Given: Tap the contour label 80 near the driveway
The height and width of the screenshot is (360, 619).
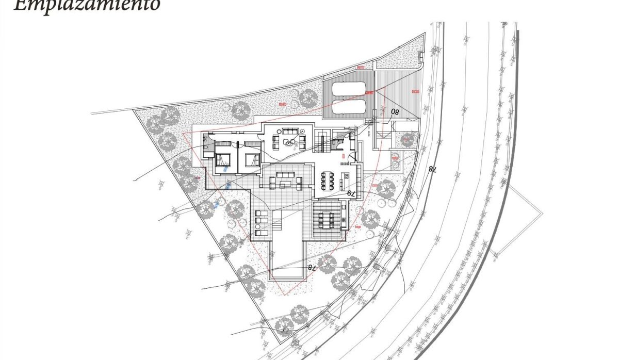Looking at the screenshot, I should (x=396, y=111).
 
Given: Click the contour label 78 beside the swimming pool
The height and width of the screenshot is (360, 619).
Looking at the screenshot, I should (x=311, y=267).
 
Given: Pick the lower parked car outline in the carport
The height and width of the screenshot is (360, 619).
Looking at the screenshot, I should (x=348, y=107).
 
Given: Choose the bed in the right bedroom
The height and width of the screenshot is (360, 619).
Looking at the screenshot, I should (x=252, y=159).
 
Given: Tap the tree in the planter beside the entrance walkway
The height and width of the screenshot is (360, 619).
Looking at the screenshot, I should (x=408, y=138).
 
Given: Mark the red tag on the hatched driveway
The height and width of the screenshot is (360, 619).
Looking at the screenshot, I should (x=415, y=91).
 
